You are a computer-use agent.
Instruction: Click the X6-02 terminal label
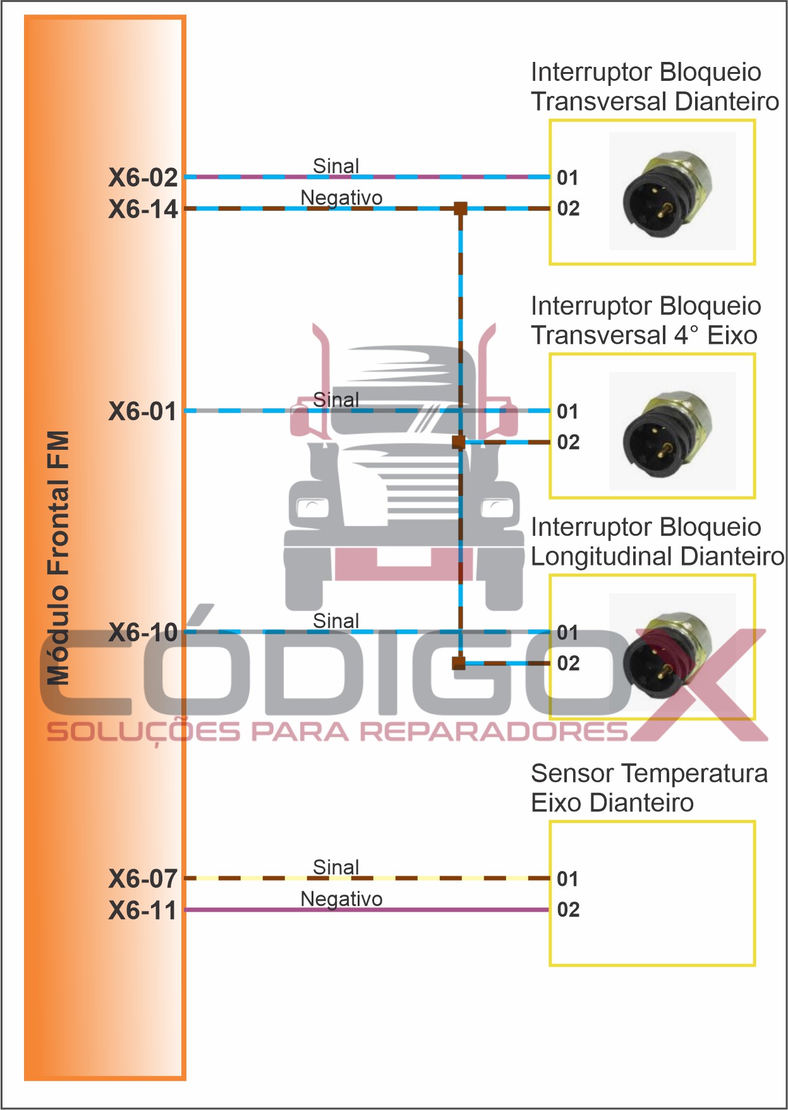[x=143, y=178]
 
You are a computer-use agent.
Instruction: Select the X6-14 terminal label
[x=143, y=209]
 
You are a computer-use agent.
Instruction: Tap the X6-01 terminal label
[x=143, y=411]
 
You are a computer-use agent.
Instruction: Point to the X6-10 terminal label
[x=143, y=632]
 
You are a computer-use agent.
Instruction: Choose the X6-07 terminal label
[x=143, y=879]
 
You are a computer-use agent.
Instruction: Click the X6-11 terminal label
[x=143, y=910]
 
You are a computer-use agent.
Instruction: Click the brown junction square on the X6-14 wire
[x=461, y=208]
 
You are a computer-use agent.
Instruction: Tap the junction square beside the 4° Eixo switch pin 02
[x=459, y=442]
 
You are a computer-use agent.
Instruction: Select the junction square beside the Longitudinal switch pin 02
[x=459, y=663]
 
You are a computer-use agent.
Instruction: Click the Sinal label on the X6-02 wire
[x=336, y=166]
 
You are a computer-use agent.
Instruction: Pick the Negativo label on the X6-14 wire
[x=341, y=198]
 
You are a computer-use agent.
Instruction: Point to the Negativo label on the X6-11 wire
[x=341, y=899]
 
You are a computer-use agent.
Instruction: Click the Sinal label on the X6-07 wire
[x=336, y=867]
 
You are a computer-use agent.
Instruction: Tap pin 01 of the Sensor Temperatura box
[x=567, y=879]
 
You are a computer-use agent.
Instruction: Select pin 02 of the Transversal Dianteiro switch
[x=568, y=208]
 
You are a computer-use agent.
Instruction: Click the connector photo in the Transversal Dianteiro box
[x=672, y=191]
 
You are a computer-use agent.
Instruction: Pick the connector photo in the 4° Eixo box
[x=672, y=431]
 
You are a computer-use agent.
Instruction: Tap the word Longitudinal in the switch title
[x=601, y=557]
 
